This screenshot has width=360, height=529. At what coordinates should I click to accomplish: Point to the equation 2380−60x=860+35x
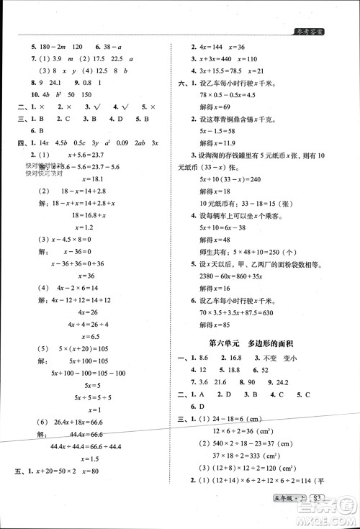(x=235, y=273)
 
